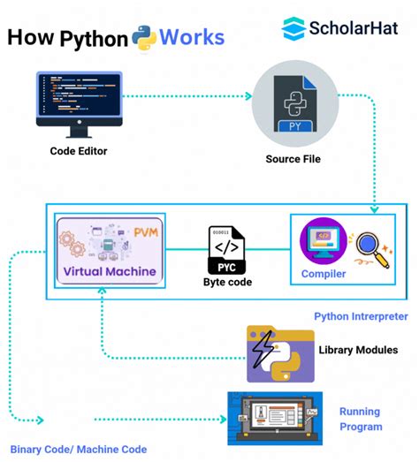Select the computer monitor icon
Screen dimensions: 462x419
(x=78, y=103)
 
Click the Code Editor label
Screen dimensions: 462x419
(x=79, y=151)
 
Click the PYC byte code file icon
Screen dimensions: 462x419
(x=227, y=247)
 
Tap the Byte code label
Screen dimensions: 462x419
(x=227, y=283)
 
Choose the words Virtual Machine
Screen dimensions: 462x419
(x=109, y=271)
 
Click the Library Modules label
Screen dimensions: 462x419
(x=358, y=350)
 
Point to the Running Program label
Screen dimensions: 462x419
(x=360, y=419)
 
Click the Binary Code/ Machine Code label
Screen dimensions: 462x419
(x=79, y=449)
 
